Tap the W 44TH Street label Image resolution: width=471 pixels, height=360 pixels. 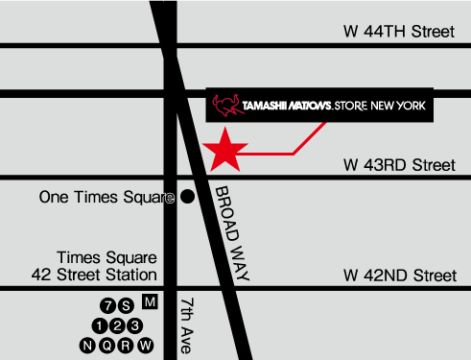398,32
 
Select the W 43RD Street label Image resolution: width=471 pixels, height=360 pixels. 398,166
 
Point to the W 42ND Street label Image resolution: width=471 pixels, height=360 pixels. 398,276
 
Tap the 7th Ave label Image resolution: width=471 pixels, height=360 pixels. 186,324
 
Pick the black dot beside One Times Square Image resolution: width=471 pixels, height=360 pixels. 188,197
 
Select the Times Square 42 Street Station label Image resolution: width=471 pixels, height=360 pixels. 106,266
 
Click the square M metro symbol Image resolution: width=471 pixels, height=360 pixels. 149,302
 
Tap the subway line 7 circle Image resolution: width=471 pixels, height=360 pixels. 108,306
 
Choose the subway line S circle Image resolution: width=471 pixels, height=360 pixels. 126,306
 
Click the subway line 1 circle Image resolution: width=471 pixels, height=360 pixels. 101,325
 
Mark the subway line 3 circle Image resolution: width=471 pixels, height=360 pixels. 135,325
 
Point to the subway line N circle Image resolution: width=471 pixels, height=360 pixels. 89,345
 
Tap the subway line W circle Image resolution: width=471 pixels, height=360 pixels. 147,345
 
